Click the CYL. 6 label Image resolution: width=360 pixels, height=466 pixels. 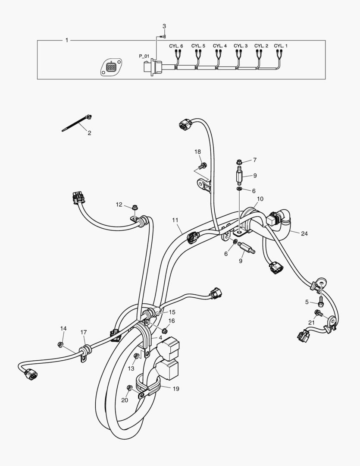coord(175,46)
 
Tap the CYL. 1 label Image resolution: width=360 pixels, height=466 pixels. coord(281,46)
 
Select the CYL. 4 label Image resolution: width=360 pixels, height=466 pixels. coord(219,46)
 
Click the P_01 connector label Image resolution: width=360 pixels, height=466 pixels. coord(144,56)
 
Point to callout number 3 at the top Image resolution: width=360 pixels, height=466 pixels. coord(164,27)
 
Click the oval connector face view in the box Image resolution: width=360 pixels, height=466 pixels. coord(111,67)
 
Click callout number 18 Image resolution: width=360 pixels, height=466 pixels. coord(197,152)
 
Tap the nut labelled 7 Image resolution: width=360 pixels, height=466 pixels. coord(239,162)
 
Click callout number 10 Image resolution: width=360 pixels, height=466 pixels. coord(260,199)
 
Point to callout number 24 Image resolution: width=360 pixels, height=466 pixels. coord(304,234)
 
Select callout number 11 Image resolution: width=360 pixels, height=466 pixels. coord(175,220)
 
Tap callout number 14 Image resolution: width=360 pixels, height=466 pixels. coord(63,329)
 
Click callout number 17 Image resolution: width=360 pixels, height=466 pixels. coord(84,332)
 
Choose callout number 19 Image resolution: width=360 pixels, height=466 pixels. coord(176,389)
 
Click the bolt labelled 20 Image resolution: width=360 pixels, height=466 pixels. coord(129,388)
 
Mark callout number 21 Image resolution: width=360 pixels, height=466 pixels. coord(311,323)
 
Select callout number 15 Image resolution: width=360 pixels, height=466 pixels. coord(172,312)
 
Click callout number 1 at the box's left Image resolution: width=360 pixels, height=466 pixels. coord(66,40)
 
